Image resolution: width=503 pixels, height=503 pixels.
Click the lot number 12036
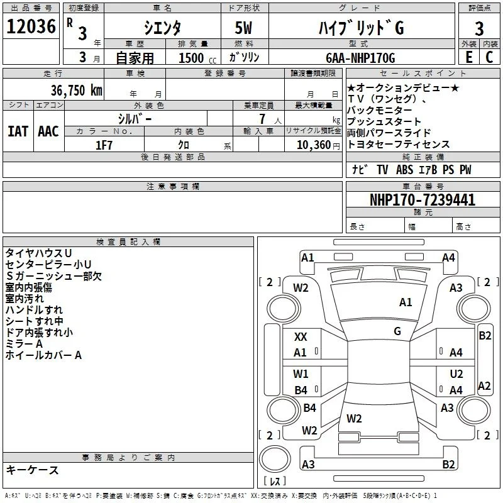[x=31, y=26]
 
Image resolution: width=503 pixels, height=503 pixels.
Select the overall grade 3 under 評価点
[x=479, y=28]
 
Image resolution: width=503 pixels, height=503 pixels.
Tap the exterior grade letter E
[x=468, y=57]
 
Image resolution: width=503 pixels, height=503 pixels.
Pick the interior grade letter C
[x=489, y=57]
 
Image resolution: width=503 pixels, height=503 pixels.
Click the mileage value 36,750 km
[x=76, y=90]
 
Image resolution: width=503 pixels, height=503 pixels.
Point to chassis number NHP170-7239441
[x=423, y=199]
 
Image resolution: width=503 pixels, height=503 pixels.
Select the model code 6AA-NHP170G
[x=360, y=58]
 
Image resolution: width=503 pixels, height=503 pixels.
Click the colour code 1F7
[x=104, y=145]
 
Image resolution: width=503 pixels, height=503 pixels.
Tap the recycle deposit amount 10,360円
[x=318, y=145]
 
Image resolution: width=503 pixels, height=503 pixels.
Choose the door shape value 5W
[x=244, y=28]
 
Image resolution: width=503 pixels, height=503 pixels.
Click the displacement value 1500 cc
[x=197, y=58]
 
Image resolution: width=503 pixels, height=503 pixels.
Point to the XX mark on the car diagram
[x=301, y=337]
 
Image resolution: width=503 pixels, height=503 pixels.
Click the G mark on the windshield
[x=397, y=331]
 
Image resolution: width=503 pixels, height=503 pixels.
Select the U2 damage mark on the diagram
[x=456, y=374]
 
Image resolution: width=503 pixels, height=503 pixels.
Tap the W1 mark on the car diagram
[x=301, y=373]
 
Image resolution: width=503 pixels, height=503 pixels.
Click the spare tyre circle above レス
[x=275, y=459]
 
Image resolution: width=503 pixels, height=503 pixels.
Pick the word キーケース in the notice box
[x=32, y=470]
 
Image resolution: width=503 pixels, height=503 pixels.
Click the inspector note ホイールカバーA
[x=43, y=355]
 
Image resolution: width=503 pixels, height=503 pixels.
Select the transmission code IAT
[x=18, y=131]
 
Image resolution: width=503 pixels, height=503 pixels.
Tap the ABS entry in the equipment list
[x=404, y=170]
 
